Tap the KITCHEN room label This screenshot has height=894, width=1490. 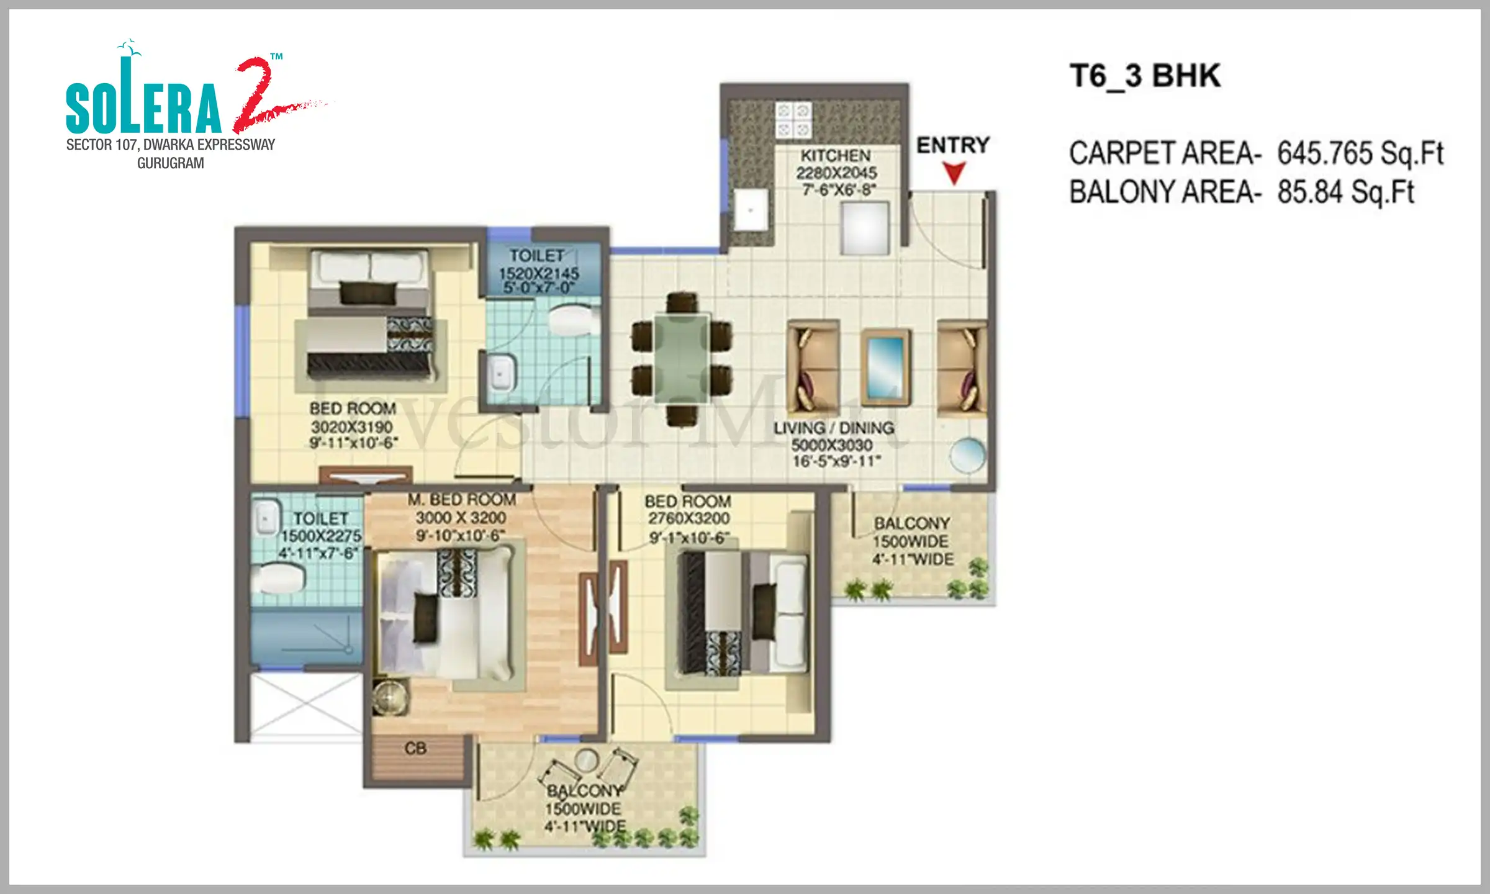[x=835, y=155]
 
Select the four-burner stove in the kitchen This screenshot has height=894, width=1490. [x=793, y=120]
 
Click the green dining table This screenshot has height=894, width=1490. [x=682, y=358]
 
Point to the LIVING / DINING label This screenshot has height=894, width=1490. [x=833, y=428]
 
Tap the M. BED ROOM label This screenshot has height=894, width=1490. [x=461, y=500]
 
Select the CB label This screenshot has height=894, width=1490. [x=415, y=749]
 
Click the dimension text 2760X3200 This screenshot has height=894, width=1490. [x=689, y=518]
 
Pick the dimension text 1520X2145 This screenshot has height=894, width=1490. [x=539, y=273]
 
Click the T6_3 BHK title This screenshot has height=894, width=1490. [x=1145, y=76]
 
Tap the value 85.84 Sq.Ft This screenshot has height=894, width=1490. [x=1345, y=192]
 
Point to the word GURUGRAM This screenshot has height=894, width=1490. [x=170, y=163]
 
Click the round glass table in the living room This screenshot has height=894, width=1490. [x=967, y=456]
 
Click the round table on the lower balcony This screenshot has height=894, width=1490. [x=586, y=759]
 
